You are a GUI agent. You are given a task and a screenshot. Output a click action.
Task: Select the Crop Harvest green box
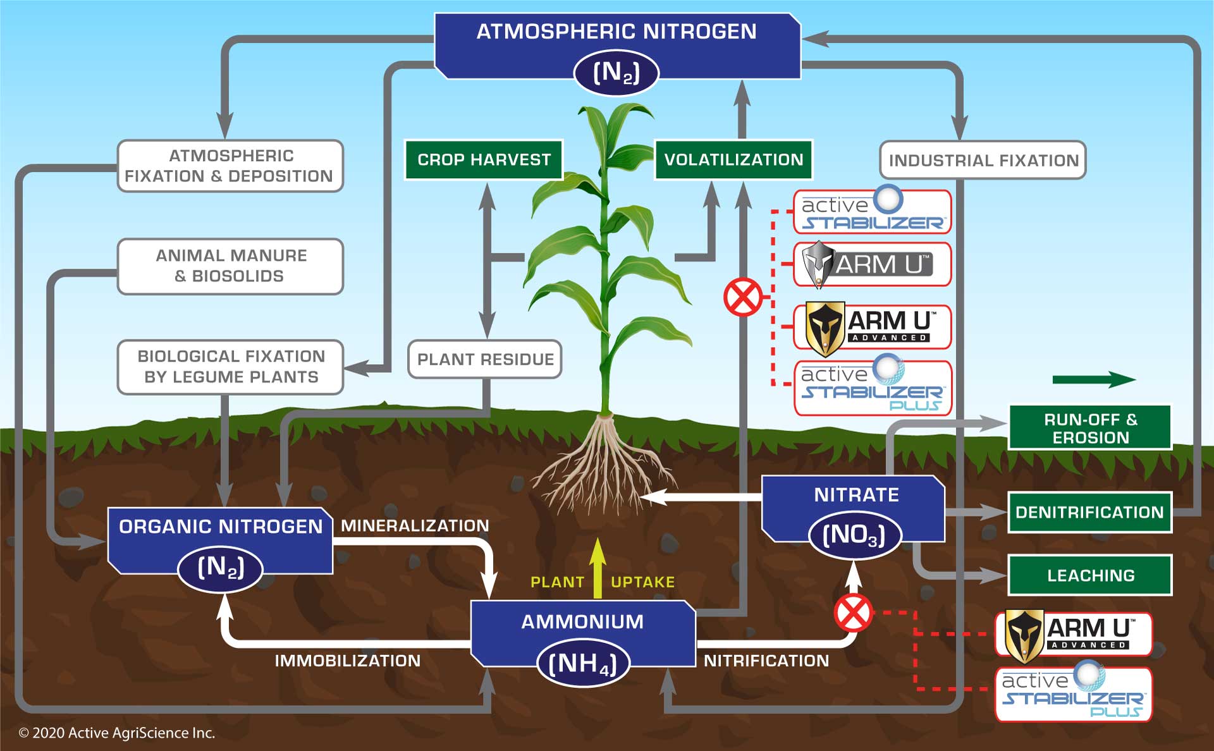click(x=484, y=160)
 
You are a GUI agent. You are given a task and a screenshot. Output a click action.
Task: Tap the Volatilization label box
click(x=733, y=160)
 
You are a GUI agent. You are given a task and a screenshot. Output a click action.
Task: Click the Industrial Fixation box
click(x=983, y=161)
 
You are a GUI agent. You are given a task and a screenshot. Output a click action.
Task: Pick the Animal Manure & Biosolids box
click(x=230, y=266)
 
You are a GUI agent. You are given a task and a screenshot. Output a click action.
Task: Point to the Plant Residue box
click(x=485, y=360)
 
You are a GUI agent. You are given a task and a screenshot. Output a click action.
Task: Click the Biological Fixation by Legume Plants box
click(x=230, y=367)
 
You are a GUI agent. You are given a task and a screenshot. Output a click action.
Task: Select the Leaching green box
click(x=1090, y=575)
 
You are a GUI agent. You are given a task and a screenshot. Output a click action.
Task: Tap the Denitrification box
click(x=1090, y=512)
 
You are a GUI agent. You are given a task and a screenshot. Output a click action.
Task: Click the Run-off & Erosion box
click(x=1090, y=428)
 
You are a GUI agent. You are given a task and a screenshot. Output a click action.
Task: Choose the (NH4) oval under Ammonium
click(x=582, y=664)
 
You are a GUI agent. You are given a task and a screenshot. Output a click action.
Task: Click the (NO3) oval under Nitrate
click(x=854, y=535)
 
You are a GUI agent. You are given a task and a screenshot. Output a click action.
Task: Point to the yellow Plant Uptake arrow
click(x=598, y=568)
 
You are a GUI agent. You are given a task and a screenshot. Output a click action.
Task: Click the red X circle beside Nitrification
click(x=854, y=613)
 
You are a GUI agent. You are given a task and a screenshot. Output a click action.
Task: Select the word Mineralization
click(x=415, y=526)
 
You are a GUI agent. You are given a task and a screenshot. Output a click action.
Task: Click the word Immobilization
click(x=347, y=661)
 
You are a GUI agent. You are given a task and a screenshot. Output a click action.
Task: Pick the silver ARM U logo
click(x=872, y=264)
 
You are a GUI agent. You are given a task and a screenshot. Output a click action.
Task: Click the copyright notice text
click(x=117, y=733)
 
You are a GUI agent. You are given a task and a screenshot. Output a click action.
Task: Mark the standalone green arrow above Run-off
click(x=1094, y=380)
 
